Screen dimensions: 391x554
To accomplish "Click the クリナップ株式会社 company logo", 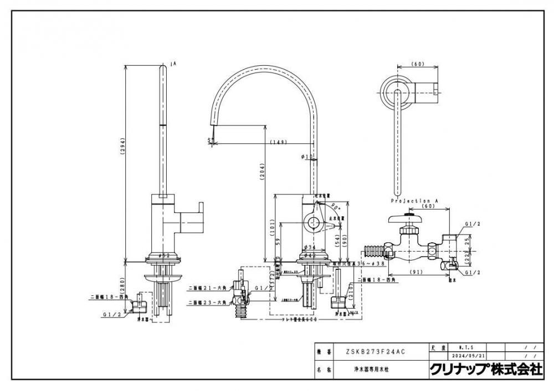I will [486, 369].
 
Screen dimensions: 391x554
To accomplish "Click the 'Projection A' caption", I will [411, 200].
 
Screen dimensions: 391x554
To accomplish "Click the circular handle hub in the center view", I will [312, 224].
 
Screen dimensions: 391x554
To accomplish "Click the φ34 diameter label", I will [310, 247].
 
